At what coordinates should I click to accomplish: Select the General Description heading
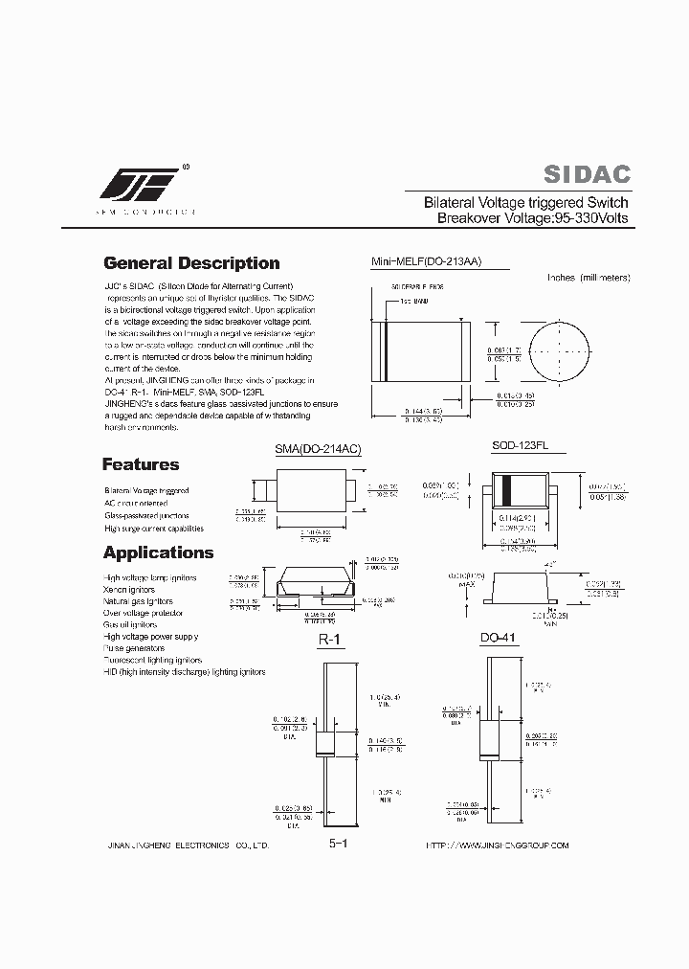[191, 263]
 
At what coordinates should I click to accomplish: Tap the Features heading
[141, 464]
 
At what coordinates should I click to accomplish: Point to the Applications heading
[158, 552]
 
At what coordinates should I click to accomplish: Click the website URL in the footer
[497, 845]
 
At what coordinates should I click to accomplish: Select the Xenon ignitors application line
[129, 590]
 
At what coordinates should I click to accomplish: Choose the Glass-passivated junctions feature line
[146, 515]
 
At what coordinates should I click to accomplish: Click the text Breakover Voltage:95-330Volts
[532, 218]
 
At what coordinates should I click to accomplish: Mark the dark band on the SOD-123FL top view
[508, 489]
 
